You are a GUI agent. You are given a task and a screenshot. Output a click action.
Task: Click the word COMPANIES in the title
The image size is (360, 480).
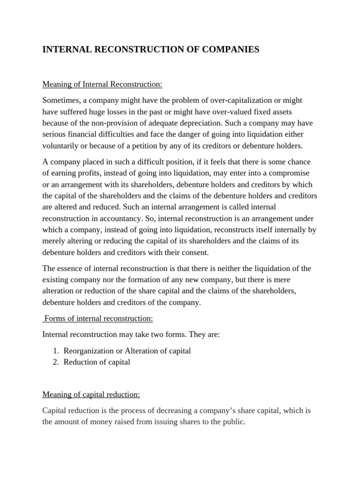point(224,49)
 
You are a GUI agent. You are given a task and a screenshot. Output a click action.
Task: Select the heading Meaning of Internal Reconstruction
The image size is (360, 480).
point(102,84)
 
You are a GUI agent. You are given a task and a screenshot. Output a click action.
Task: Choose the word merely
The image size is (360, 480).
point(53,241)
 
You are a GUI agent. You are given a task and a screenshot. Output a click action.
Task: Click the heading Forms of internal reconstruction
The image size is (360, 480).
point(99,318)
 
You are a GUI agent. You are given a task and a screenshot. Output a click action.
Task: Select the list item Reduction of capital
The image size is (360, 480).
point(97,362)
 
